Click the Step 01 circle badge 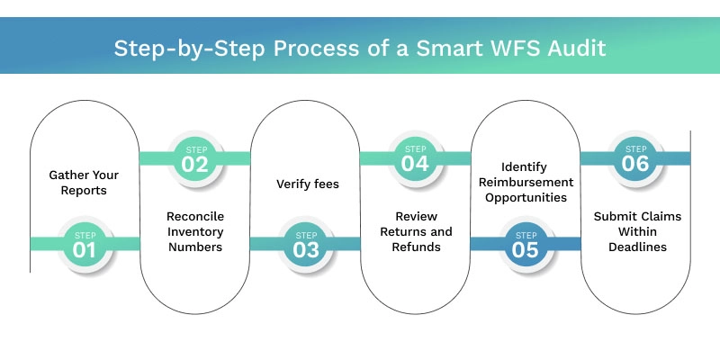[x=85, y=244]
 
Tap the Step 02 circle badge [x=195, y=158]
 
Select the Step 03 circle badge [x=306, y=244]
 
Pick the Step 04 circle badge [x=416, y=158]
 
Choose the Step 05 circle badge [x=526, y=244]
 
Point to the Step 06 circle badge [x=635, y=158]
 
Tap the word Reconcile [x=195, y=217]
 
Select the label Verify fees [x=305, y=184]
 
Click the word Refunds [x=416, y=246]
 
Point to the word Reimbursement [x=526, y=181]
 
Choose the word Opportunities [x=526, y=197]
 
